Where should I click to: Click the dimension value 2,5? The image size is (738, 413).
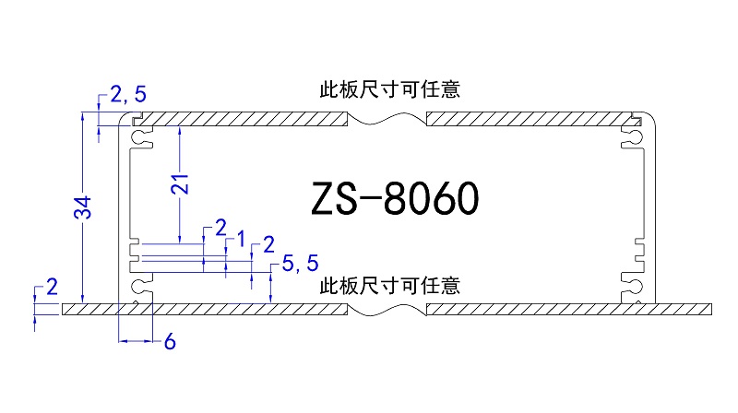128,93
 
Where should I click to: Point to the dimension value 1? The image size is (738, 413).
241,241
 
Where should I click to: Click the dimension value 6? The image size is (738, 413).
169,342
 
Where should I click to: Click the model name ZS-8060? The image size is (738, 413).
394,197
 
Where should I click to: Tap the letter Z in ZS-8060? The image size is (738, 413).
325,197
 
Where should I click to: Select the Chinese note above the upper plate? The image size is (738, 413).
389,89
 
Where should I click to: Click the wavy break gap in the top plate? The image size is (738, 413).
387,121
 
